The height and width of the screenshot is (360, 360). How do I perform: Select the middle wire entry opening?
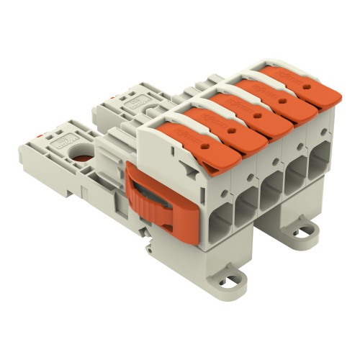coord(271,184)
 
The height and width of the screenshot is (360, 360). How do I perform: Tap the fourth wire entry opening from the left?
coord(294,171)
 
